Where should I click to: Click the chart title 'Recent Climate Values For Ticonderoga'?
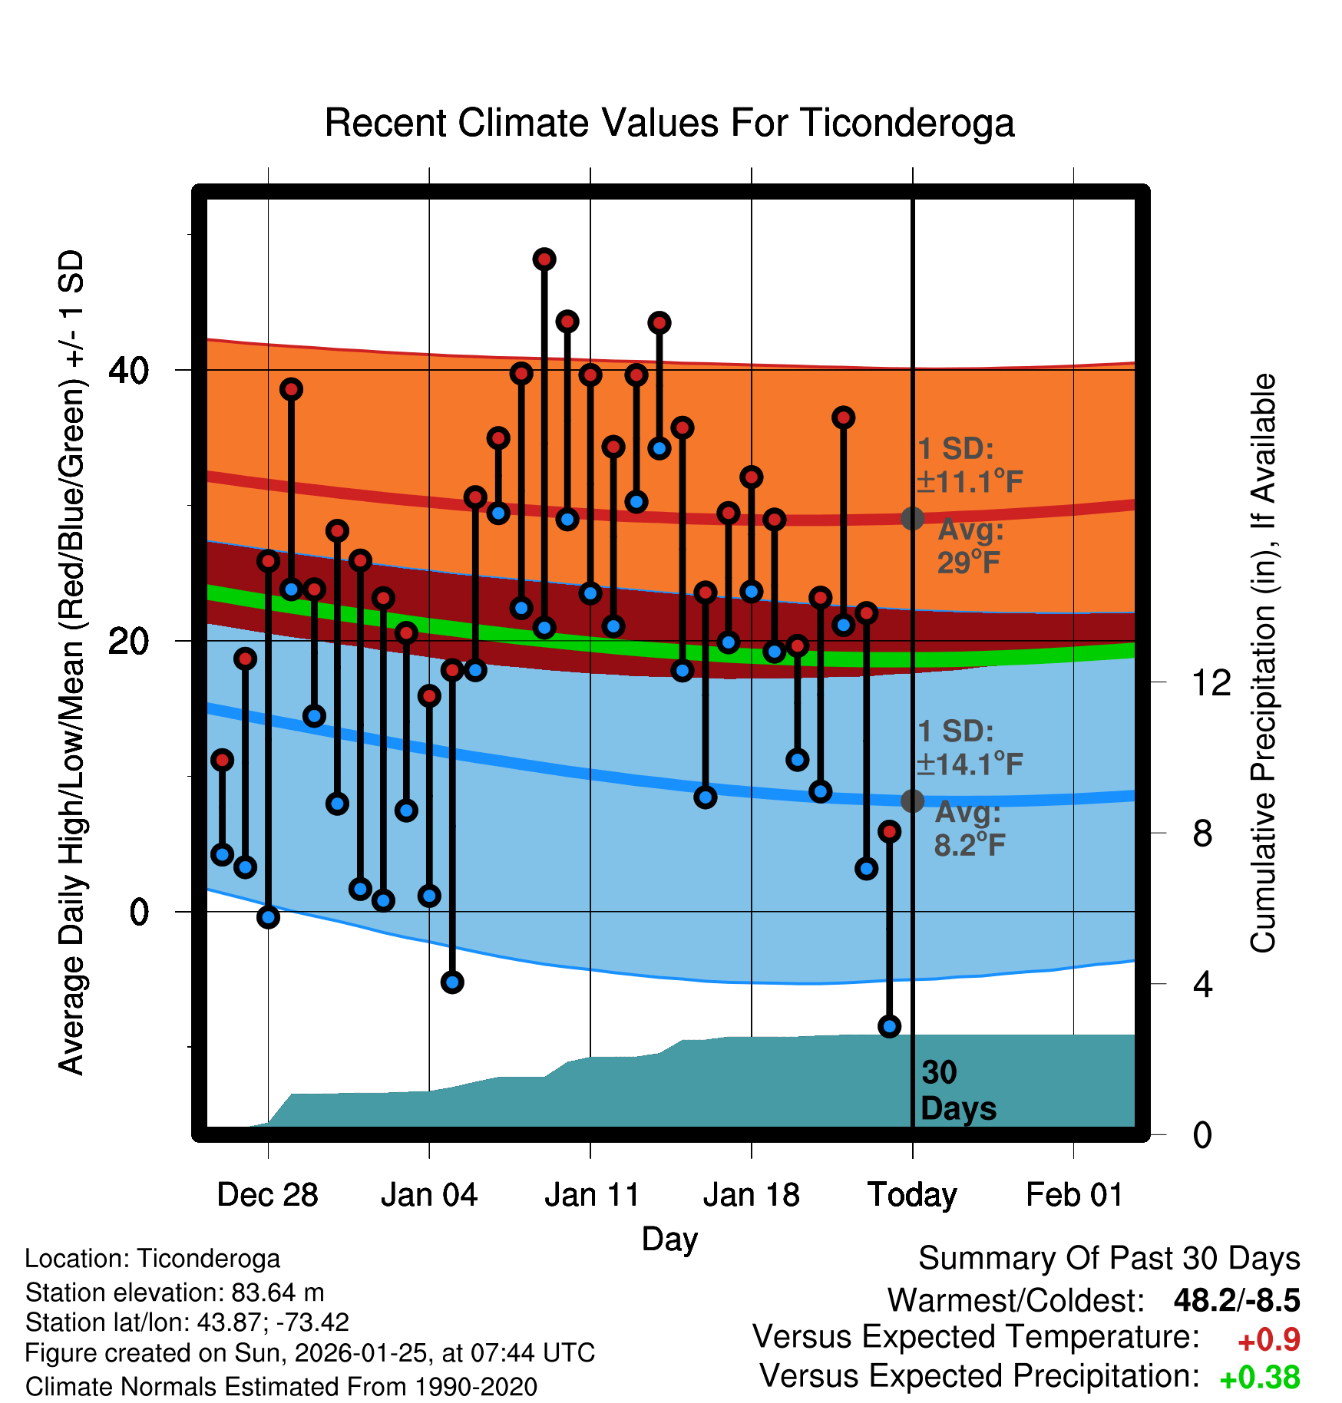coord(669,124)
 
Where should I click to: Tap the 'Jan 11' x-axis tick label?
coord(591,1195)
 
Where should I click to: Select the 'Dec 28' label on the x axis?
coord(267,1195)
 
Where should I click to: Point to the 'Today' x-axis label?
coord(912,1195)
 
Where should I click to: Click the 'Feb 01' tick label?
coord(1074,1195)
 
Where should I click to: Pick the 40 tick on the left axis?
coord(128,371)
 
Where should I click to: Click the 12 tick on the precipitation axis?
coord(1211,682)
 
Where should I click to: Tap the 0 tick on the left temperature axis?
coord(139,913)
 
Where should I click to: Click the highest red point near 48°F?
coord(544,259)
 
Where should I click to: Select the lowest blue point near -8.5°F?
coord(889,1026)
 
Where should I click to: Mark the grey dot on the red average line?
coord(912,518)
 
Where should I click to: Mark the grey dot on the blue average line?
coord(912,801)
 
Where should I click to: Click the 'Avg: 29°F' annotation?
coord(970,546)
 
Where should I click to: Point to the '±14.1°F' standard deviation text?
coord(970,764)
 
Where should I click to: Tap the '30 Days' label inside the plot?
coord(957,1091)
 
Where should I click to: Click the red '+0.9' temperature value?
coord(1269,1340)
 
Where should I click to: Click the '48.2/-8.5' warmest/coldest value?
coord(1237,1300)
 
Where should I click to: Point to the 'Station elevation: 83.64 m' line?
coord(174,1292)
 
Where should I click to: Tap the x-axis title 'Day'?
coord(669,1239)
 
